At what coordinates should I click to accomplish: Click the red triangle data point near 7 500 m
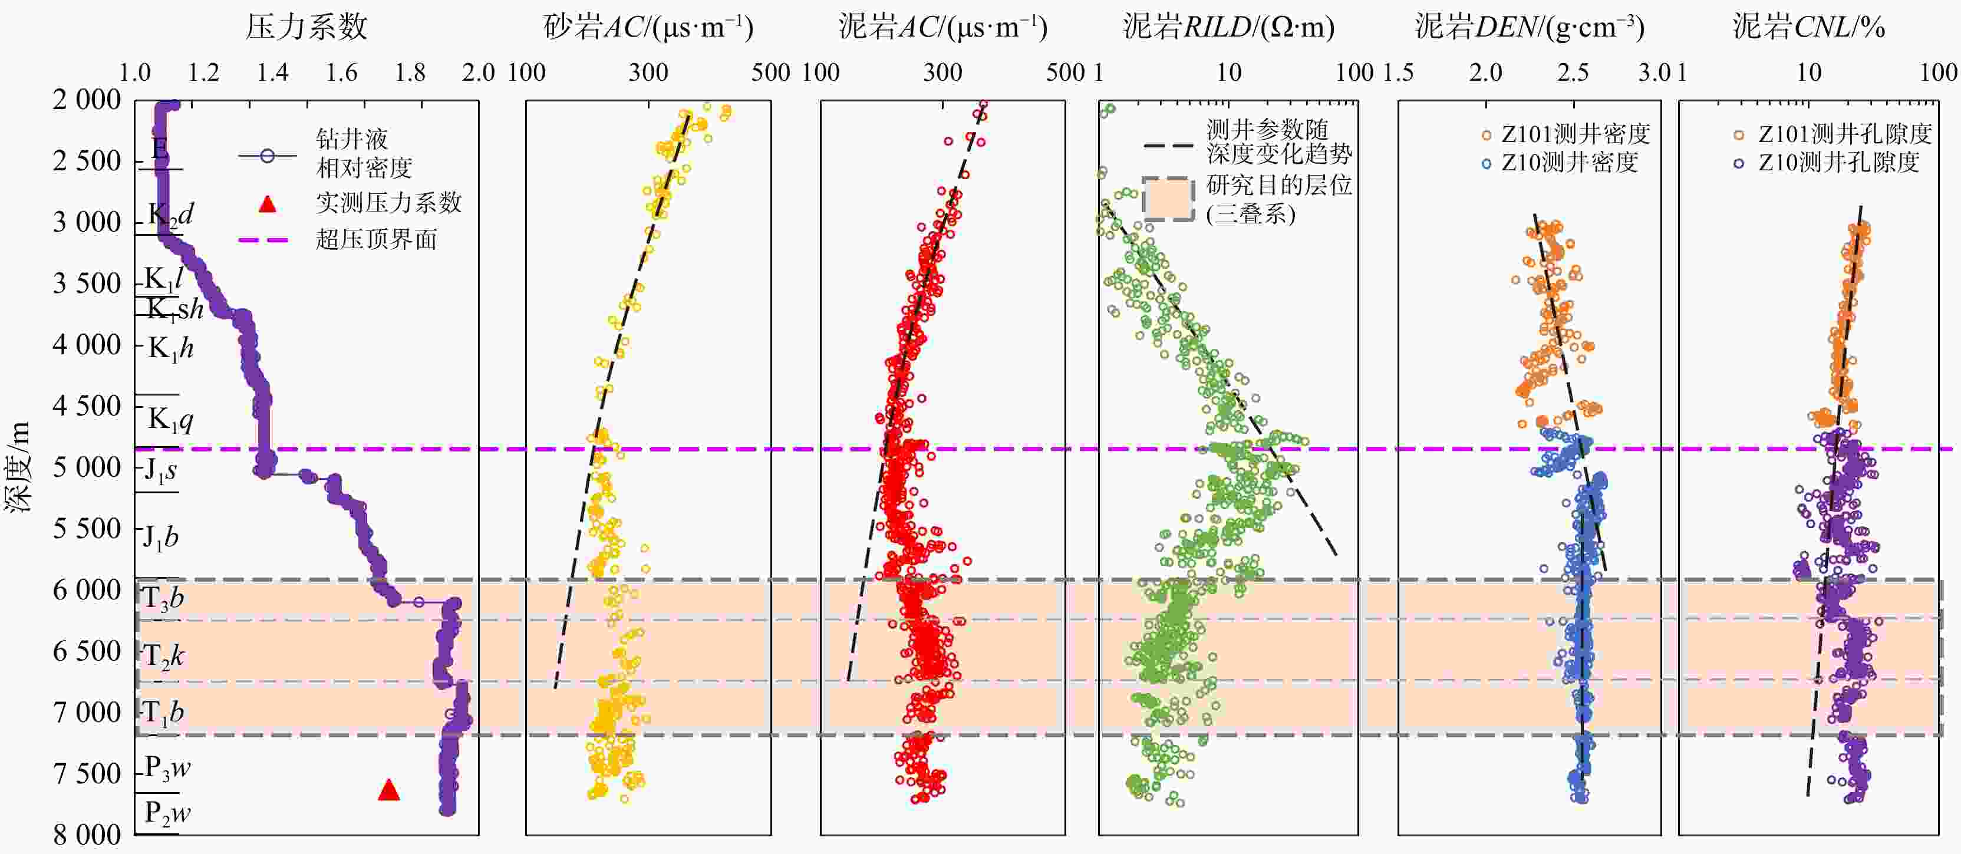tap(389, 791)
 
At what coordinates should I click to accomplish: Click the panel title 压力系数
tap(306, 27)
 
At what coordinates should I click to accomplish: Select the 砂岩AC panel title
tap(648, 27)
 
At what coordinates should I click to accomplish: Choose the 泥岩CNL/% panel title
tap(1809, 27)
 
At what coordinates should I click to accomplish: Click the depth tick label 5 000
tap(87, 467)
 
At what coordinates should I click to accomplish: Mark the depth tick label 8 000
tap(87, 835)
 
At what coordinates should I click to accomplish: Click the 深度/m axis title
tap(18, 467)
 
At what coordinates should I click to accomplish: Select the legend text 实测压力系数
tap(388, 203)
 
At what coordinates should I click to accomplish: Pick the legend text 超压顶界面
tap(376, 240)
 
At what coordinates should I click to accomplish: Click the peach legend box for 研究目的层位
tap(1167, 199)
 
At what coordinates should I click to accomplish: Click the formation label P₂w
tap(167, 812)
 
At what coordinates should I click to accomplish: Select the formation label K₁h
tap(170, 348)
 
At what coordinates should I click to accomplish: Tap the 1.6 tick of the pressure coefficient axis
tap(341, 73)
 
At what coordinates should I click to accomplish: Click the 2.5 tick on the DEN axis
tap(1573, 73)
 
